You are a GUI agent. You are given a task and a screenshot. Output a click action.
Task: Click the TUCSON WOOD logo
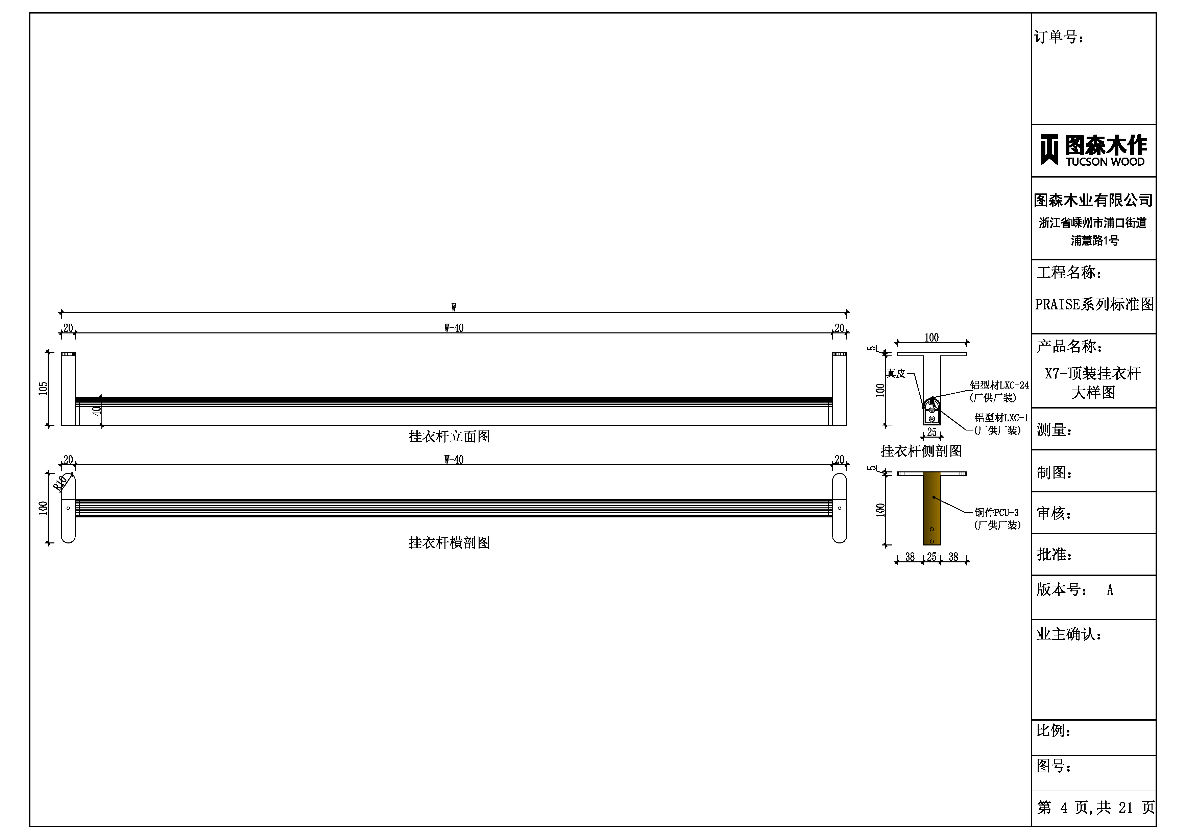pyautogui.click(x=1093, y=150)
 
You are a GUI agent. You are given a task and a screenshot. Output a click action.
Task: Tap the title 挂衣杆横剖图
pyautogui.click(x=450, y=542)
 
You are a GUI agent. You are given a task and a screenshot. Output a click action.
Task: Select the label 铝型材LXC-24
pyautogui.click(x=999, y=385)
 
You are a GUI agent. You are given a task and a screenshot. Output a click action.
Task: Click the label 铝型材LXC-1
pyautogui.click(x=1001, y=418)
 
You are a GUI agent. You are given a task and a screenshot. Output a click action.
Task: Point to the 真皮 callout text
pyautogui.click(x=896, y=373)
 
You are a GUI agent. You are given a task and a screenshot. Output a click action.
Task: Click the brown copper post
pyautogui.click(x=931, y=509)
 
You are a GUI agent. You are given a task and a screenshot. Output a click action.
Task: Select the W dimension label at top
pyautogui.click(x=454, y=308)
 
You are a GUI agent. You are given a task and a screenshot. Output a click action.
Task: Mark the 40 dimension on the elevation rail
pyautogui.click(x=97, y=411)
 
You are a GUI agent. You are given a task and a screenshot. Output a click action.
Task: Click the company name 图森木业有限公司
pyautogui.click(x=1093, y=200)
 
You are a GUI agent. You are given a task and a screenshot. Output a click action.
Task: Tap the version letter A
pyautogui.click(x=1110, y=590)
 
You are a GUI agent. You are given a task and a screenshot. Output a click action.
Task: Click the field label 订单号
pyautogui.click(x=1059, y=37)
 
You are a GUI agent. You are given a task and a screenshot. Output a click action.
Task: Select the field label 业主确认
pyautogui.click(x=1069, y=634)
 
